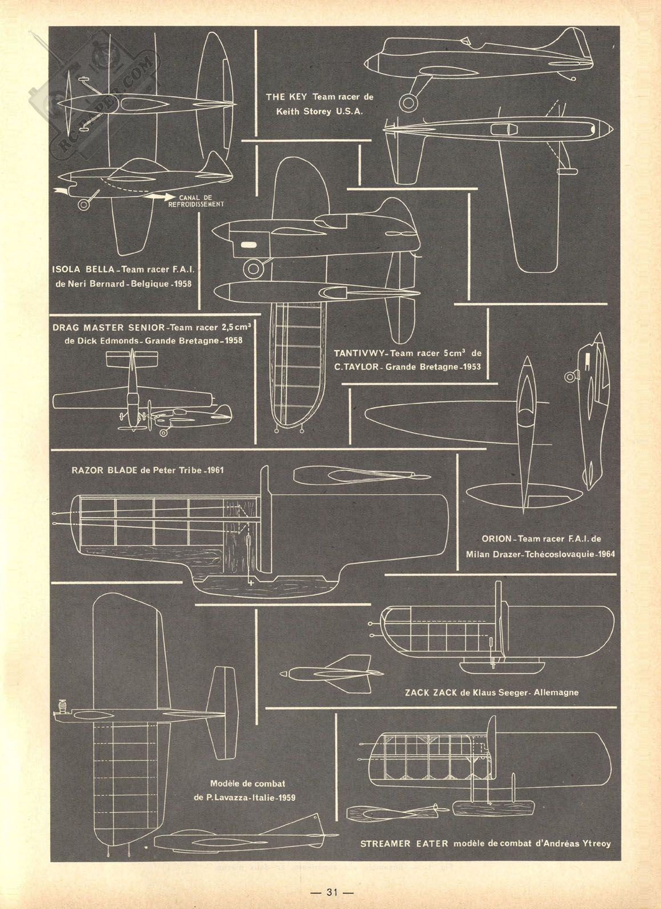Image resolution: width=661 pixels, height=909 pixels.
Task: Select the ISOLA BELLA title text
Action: coord(81,269)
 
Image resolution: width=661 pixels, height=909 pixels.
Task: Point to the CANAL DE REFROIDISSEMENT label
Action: coord(196,201)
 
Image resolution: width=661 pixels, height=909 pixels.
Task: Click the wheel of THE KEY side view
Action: coord(409,102)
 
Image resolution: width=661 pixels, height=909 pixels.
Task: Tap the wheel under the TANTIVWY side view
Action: coord(252,268)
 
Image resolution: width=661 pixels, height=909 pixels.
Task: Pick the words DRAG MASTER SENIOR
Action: coord(108,327)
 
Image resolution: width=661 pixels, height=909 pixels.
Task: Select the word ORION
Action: coord(496,539)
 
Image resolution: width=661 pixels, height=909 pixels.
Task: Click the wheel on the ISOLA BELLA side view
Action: coord(84,204)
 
